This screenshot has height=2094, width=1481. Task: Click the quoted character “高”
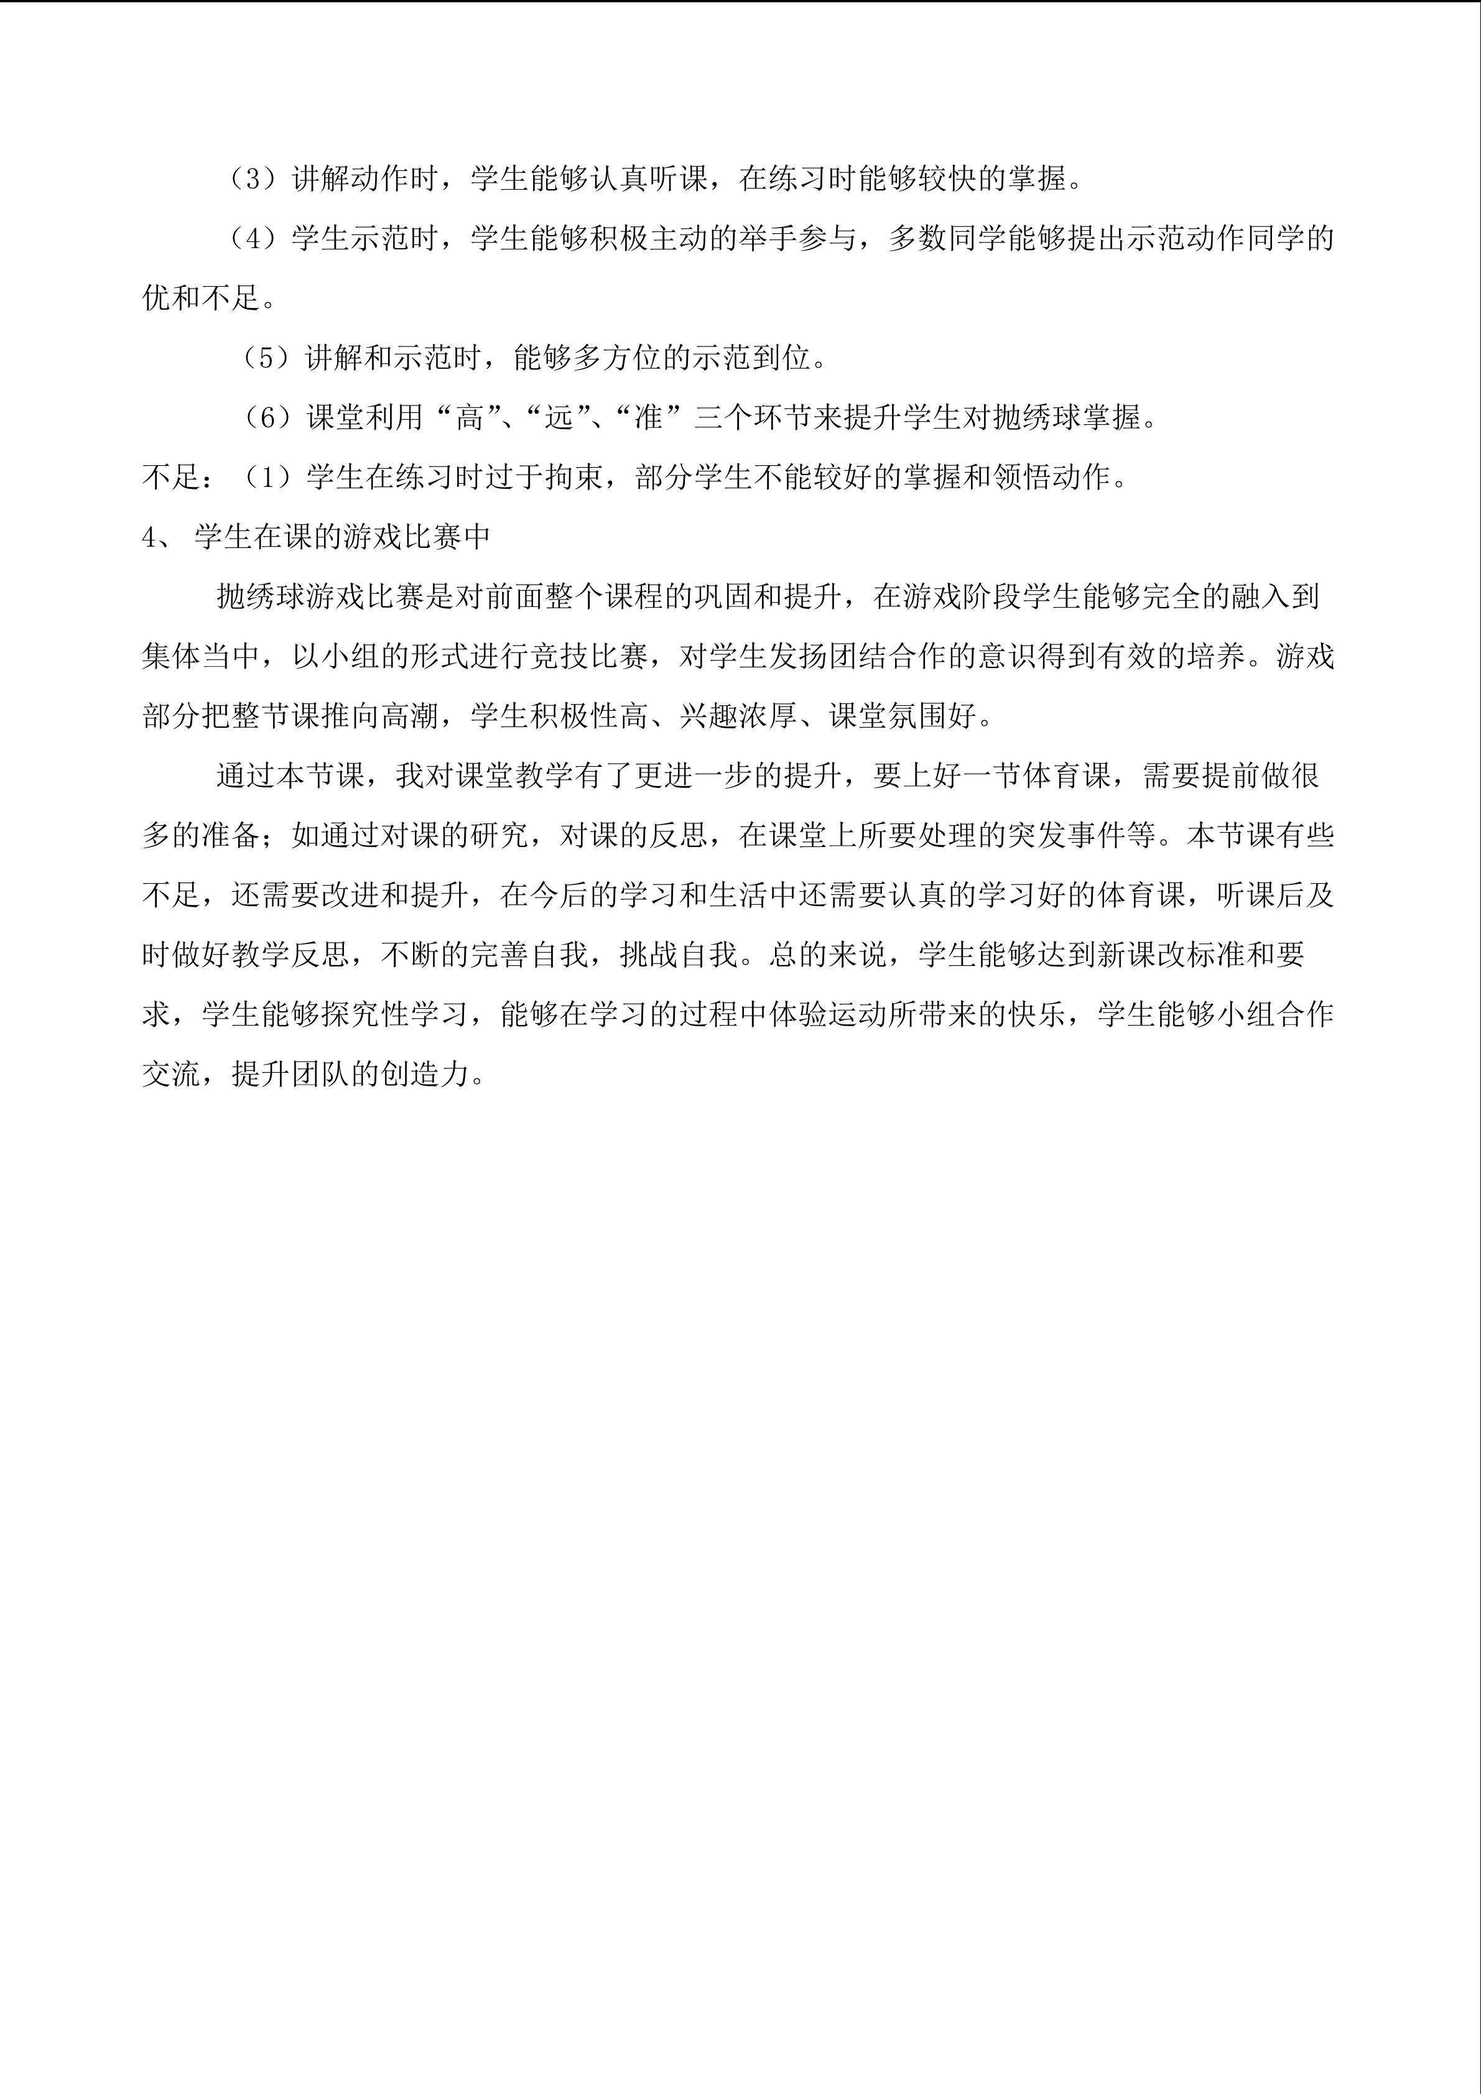coord(470,419)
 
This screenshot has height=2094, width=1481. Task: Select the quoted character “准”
coord(648,419)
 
